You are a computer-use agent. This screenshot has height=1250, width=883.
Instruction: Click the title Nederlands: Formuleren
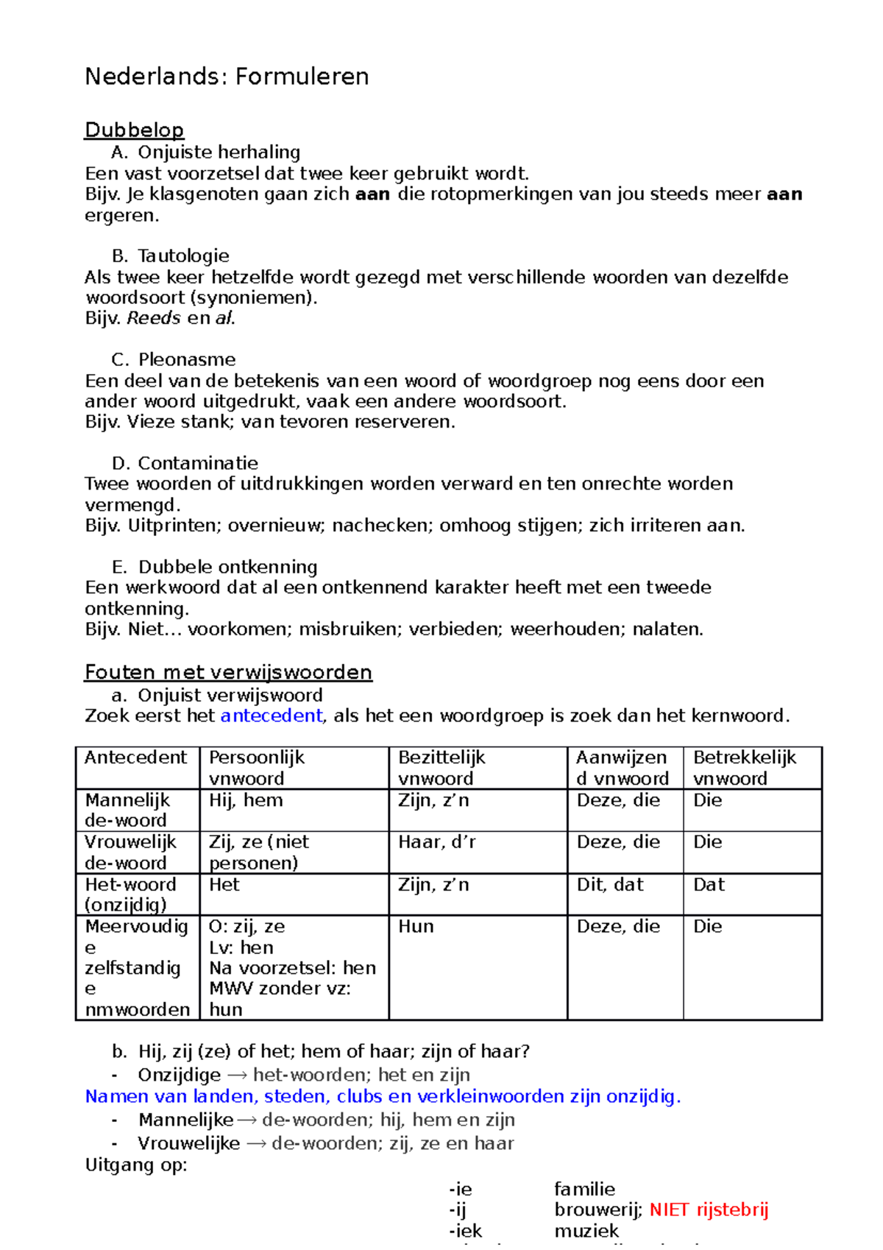coord(227,77)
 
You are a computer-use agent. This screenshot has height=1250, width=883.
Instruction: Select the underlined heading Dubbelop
coord(134,130)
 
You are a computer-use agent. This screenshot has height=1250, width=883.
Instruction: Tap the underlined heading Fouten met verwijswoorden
coord(228,672)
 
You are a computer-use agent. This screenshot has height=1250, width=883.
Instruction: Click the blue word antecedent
coord(271,716)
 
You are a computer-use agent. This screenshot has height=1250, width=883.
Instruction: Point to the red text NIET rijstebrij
coord(709,1210)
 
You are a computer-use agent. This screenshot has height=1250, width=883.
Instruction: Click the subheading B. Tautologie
coord(171,255)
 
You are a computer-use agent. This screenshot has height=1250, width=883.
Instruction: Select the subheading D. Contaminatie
coord(185,463)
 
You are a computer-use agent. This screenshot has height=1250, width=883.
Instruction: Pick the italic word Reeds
coord(154,318)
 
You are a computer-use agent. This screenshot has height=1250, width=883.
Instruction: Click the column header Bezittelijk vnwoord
coord(442,768)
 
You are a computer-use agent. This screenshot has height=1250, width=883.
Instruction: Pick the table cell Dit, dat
coord(610,885)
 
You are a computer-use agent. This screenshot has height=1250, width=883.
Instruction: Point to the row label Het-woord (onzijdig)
coord(130,894)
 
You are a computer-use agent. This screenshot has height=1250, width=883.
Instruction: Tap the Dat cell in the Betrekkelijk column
coord(709,885)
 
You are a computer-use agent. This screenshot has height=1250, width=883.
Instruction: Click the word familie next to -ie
coord(584,1189)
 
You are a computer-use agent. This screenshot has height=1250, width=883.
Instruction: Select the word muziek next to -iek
coord(586,1231)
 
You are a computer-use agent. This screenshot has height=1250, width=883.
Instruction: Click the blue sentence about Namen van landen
coord(383,1097)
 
